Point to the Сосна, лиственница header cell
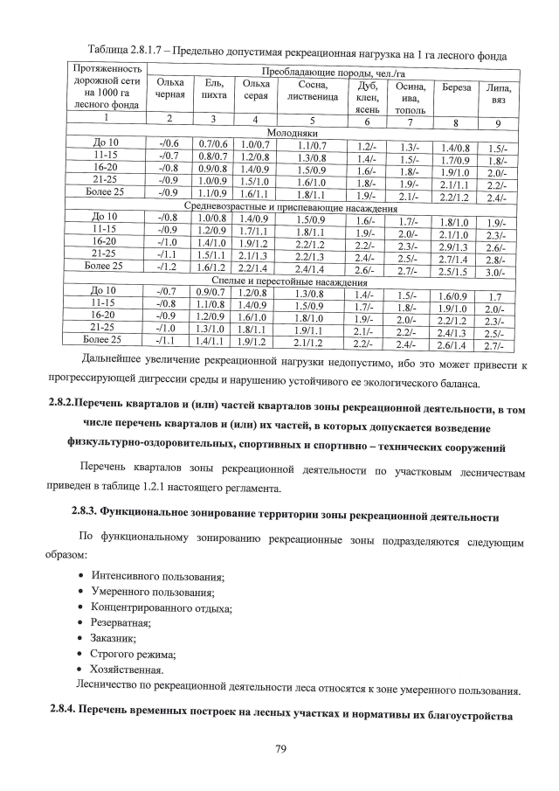click(x=312, y=90)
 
